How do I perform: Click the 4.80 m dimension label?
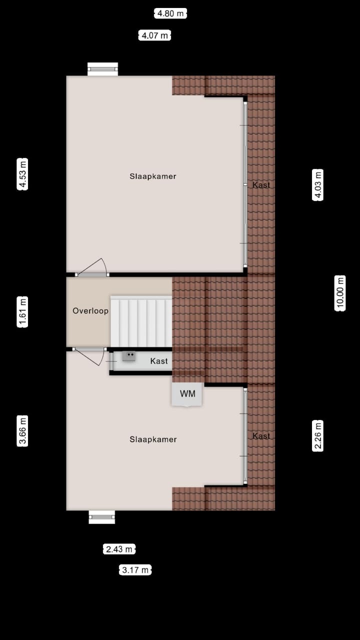pyautogui.click(x=170, y=13)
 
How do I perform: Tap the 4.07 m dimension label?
pyautogui.click(x=154, y=35)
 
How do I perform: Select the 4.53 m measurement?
pyautogui.click(x=22, y=174)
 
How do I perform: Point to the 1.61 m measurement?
pyautogui.click(x=22, y=312)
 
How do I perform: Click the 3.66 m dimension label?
pyautogui.click(x=22, y=430)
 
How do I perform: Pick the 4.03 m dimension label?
pyautogui.click(x=317, y=185)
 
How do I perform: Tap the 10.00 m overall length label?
pyautogui.click(x=340, y=293)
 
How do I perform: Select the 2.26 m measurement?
pyautogui.click(x=317, y=435)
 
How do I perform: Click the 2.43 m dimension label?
pyautogui.click(x=119, y=549)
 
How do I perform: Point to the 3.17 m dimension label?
pyautogui.click(x=135, y=570)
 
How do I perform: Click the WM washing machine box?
pyautogui.click(x=187, y=394)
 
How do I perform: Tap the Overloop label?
pyautogui.click(x=90, y=310)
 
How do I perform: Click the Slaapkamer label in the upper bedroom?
pyautogui.click(x=153, y=176)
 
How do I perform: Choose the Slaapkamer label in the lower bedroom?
pyautogui.click(x=153, y=439)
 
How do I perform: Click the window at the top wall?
pyautogui.click(x=103, y=69)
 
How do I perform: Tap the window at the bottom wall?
pyautogui.click(x=102, y=517)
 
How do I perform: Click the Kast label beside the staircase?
pyautogui.click(x=159, y=361)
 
